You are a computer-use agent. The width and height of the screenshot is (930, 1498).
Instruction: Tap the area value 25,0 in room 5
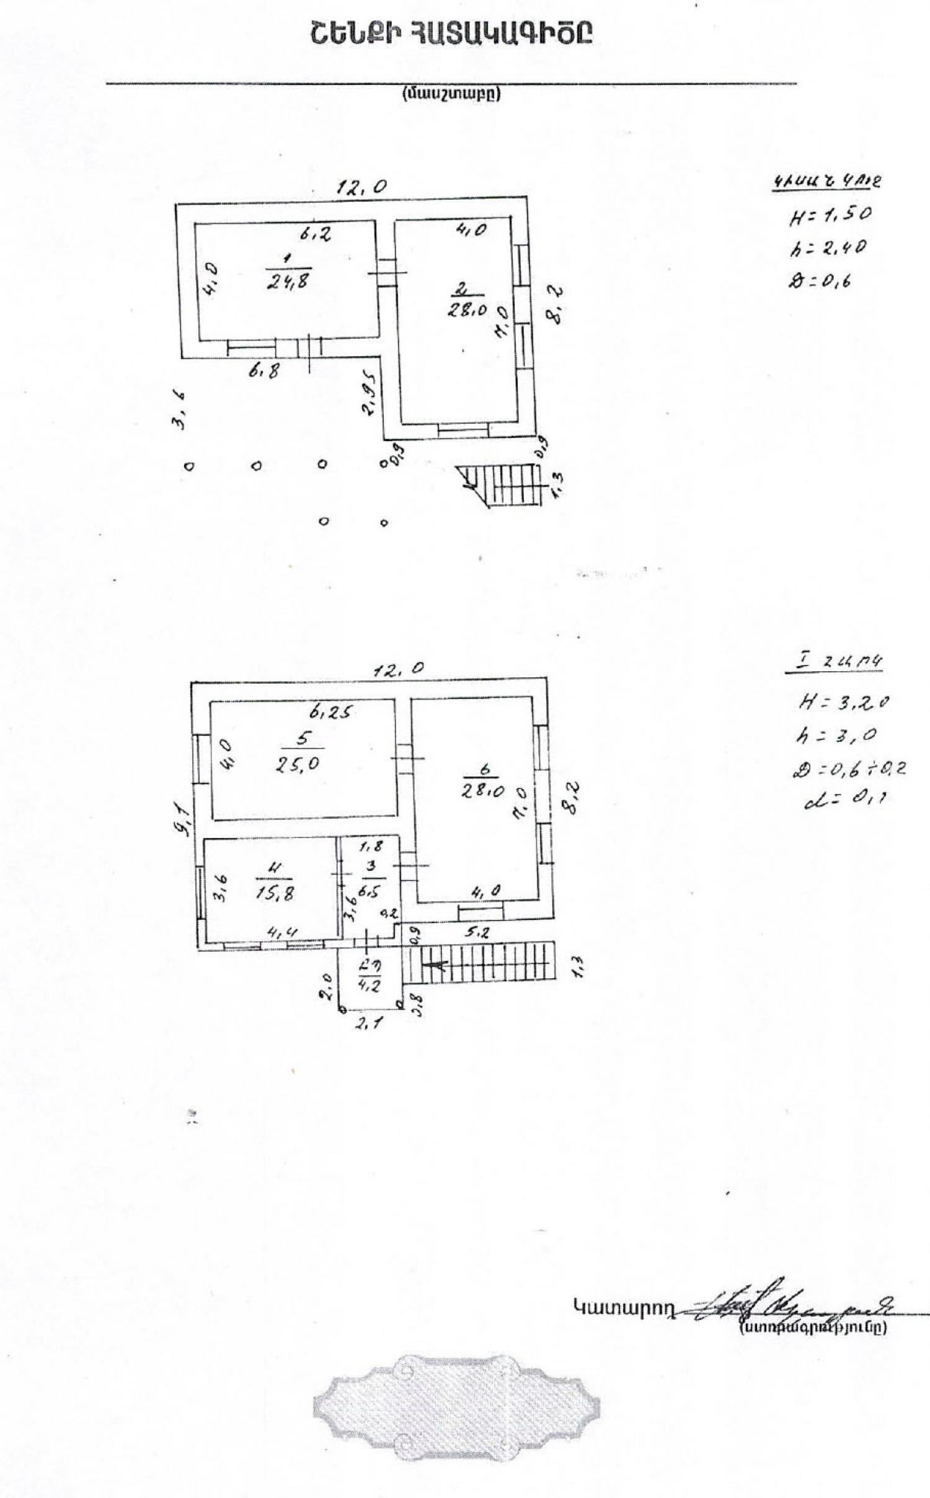tap(298, 764)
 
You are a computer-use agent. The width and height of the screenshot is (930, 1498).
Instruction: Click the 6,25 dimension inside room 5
tap(331, 713)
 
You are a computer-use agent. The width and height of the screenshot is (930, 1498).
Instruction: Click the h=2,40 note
tap(828, 249)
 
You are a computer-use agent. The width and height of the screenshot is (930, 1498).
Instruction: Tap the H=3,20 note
tap(844, 703)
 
